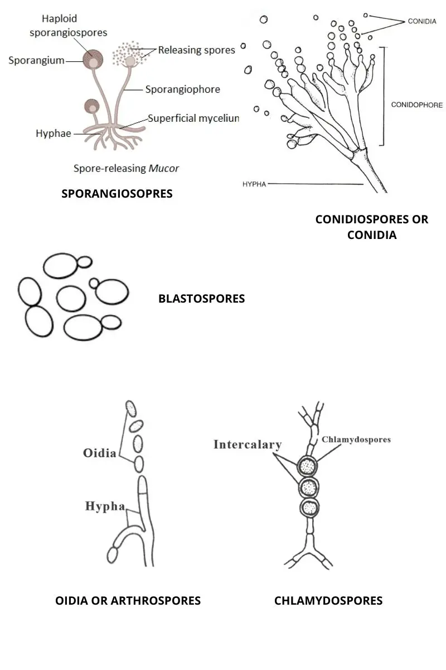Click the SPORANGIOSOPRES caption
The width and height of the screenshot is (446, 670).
coord(117,194)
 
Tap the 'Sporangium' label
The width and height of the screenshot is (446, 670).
coord(37,60)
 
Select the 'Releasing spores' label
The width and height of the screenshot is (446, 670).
coord(196,50)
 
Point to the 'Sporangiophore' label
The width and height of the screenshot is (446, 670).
coord(182,89)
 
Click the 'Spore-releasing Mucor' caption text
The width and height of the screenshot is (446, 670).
coord(127,167)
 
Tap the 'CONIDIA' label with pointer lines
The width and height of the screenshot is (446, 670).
coord(422,21)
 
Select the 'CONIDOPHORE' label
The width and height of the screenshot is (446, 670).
coord(417,104)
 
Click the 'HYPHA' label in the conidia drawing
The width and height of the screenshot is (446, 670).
coord(254,184)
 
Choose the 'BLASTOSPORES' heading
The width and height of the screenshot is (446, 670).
coord(201,299)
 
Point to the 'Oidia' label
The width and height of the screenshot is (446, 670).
coord(100,452)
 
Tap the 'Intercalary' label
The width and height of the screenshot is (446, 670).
coord(248,445)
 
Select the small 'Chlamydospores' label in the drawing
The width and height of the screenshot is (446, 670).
coord(356,439)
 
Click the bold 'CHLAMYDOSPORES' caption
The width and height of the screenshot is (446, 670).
coord(328,601)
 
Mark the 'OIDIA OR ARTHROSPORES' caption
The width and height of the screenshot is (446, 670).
coord(128,601)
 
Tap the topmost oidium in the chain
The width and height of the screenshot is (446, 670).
coord(131,409)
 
